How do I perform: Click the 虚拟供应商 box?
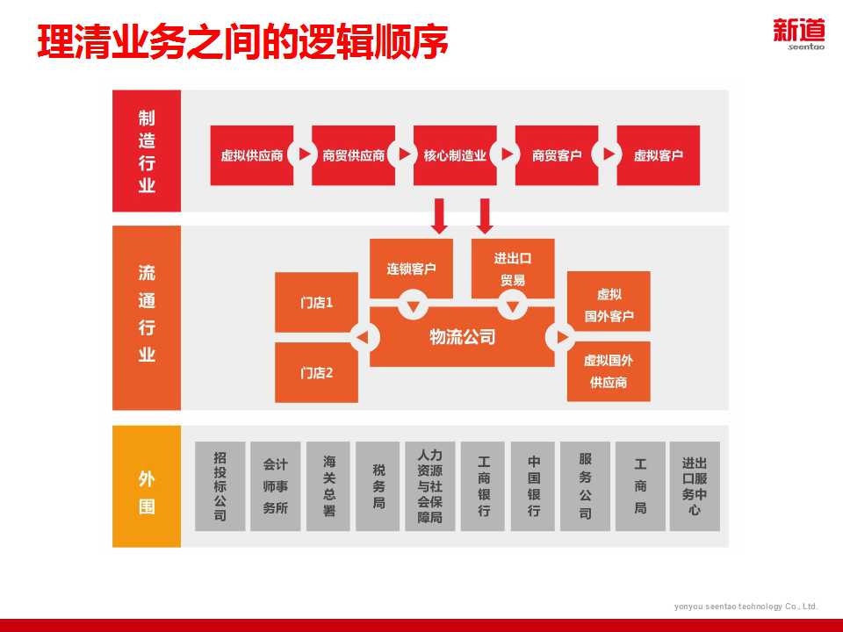(x=252, y=155)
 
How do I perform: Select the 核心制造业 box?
(x=455, y=155)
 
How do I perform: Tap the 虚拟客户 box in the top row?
(x=659, y=155)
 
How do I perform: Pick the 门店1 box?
(x=316, y=303)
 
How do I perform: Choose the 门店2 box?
(x=316, y=372)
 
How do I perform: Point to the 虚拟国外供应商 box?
(x=609, y=371)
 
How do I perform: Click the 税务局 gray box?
(x=378, y=486)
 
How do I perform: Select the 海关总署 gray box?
(x=328, y=486)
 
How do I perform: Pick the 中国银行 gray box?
(x=533, y=486)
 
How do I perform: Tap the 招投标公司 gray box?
(x=220, y=486)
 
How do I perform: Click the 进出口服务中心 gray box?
(x=695, y=486)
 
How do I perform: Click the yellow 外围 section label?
(x=147, y=486)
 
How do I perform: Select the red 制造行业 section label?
(x=147, y=151)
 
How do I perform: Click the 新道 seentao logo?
(x=799, y=33)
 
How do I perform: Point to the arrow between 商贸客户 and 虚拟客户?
(x=608, y=154)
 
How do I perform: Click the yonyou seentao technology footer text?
(x=746, y=607)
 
